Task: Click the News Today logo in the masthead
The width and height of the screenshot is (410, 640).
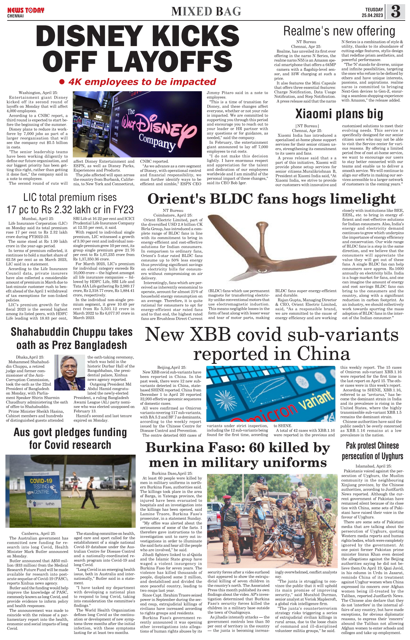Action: point(26,11)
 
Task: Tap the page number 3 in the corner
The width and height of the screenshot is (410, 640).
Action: point(396,12)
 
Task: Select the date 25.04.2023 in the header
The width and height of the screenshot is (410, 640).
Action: point(372,15)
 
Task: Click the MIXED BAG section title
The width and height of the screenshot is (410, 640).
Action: point(206,12)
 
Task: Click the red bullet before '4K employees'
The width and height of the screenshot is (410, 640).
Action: point(62,82)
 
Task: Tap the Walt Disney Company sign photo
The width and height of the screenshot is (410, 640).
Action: point(137,124)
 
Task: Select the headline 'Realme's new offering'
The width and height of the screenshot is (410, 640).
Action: point(339,31)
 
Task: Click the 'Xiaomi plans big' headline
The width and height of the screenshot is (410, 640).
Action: point(339,114)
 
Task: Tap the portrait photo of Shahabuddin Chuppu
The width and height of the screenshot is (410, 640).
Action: point(69,372)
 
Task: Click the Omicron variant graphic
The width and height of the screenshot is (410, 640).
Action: point(271,394)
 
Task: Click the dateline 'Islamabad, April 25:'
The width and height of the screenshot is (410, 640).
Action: point(373,466)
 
